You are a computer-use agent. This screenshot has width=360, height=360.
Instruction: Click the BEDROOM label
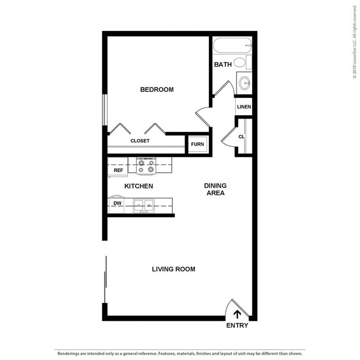coord(157,89)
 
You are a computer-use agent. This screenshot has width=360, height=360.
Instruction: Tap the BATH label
coord(223,65)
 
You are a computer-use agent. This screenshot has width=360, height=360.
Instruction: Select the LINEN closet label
coord(244,107)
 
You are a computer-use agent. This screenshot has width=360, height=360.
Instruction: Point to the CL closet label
coord(241,137)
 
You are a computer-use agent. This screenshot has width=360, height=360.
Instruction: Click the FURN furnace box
coord(198,145)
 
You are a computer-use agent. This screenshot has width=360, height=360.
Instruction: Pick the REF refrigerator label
coord(118,171)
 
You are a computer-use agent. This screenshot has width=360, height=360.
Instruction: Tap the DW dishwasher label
coord(117,203)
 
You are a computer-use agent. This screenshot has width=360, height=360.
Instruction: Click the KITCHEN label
coord(138,186)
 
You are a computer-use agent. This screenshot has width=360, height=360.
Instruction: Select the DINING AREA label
coord(215,189)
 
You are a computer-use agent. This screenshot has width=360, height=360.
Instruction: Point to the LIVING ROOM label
coord(173,269)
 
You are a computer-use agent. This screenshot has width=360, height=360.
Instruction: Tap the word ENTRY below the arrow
coord(237,326)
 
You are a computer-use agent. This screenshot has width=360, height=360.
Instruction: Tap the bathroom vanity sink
coord(244,83)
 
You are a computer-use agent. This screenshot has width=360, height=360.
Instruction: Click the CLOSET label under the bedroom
coord(140,141)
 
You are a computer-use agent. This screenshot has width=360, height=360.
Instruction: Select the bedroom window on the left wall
coord(104,110)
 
